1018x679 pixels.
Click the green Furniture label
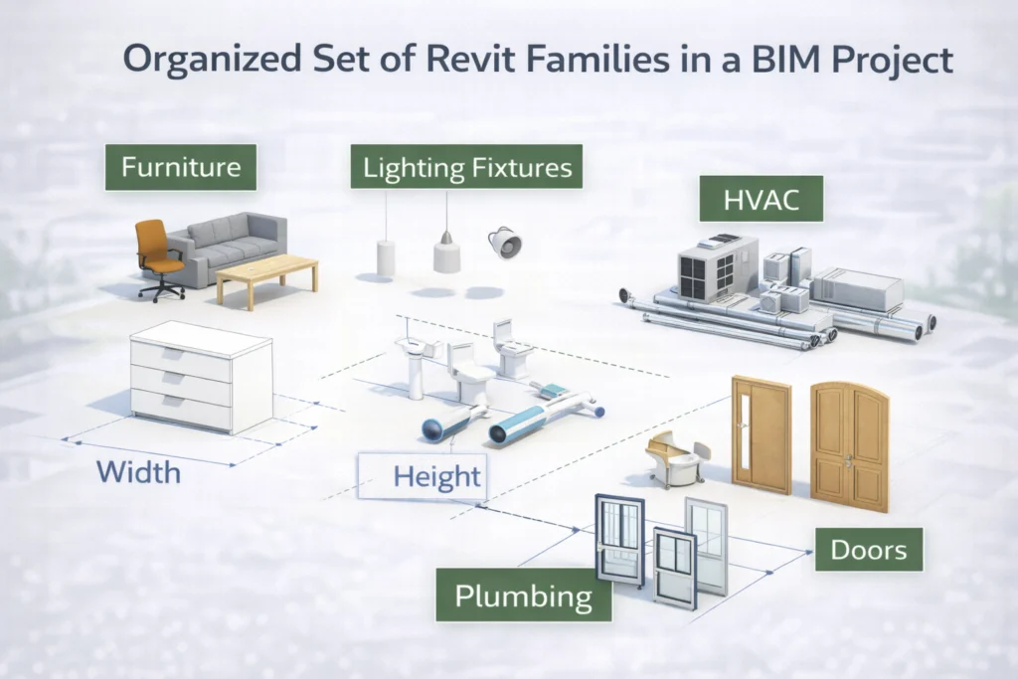click(x=180, y=167)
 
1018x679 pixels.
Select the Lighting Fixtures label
click(x=467, y=167)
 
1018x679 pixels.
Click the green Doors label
click(x=868, y=548)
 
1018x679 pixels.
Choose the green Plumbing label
click(x=523, y=596)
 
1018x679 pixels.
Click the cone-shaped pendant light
click(x=446, y=255)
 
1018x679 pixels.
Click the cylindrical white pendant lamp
click(x=386, y=256)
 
